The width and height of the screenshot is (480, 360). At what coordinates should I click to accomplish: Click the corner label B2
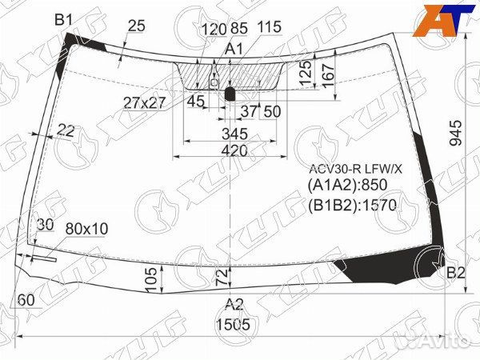[x=455, y=274]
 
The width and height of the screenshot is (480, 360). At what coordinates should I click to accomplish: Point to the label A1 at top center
[x=234, y=50]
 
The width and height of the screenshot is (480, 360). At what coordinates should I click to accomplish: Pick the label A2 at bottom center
[x=234, y=303]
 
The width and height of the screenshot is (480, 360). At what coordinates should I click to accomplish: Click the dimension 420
[x=234, y=150]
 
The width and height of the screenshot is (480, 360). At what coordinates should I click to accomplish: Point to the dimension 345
[x=234, y=132]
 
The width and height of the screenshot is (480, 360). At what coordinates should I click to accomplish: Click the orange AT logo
[x=442, y=20]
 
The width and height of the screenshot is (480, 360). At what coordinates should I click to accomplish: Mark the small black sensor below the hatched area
[x=230, y=94]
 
